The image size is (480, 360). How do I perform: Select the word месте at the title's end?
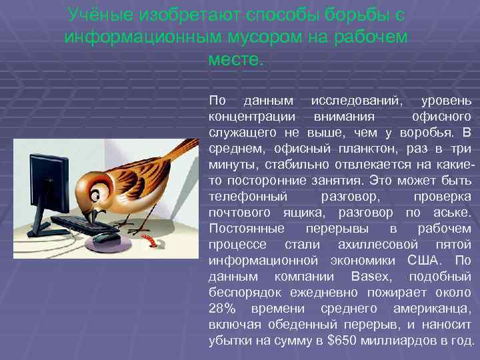(x=236, y=60)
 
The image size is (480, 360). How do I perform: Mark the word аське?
(x=450, y=213)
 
